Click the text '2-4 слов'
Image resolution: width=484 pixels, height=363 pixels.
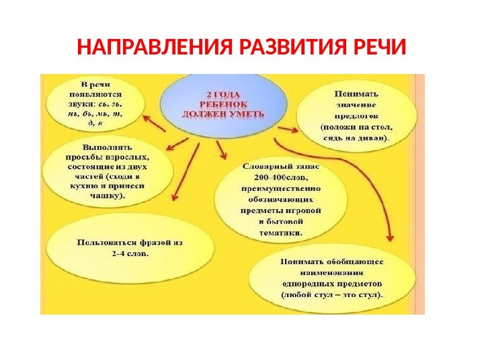coord(130,254)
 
